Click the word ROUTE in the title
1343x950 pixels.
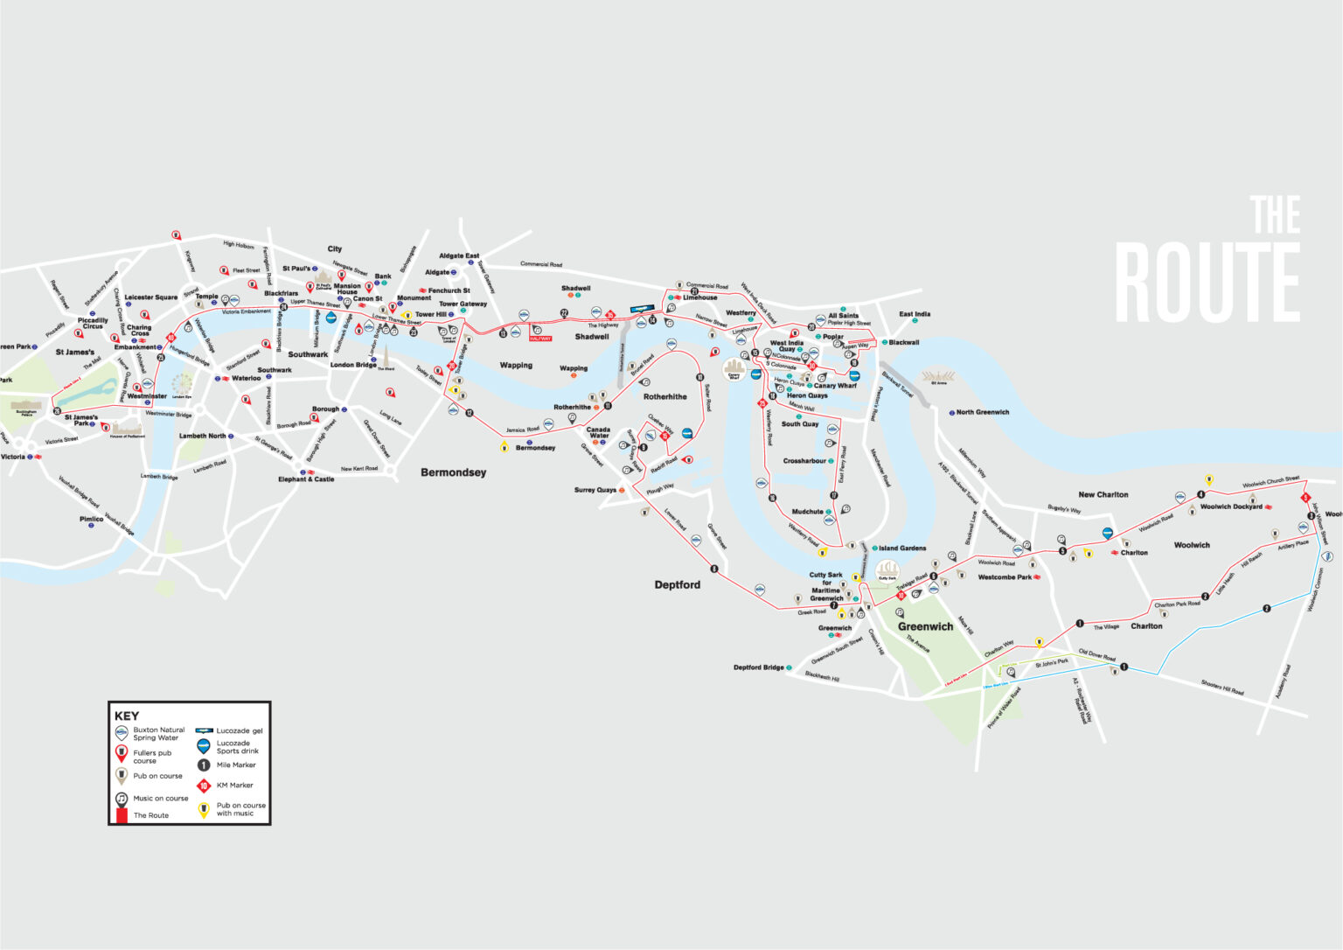(x=1207, y=282)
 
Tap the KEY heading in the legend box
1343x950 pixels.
(x=127, y=716)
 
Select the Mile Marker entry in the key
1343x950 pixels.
(x=236, y=765)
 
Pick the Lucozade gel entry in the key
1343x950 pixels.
(x=239, y=730)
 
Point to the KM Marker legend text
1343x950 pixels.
(x=234, y=786)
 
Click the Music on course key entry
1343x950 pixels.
(x=160, y=799)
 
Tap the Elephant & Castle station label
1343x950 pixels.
(x=306, y=479)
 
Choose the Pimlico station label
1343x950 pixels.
(x=92, y=519)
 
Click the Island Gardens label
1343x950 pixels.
(x=902, y=548)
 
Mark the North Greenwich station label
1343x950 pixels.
(x=982, y=412)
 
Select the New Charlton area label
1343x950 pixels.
(x=1103, y=495)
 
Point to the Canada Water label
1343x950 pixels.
(x=598, y=432)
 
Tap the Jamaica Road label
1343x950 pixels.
(x=522, y=430)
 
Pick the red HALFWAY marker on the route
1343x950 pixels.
(x=540, y=338)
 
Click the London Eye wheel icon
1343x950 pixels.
(x=182, y=383)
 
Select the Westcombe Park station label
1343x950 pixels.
(x=1005, y=577)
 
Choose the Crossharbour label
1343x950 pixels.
(x=804, y=461)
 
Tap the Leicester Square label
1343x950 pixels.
(x=150, y=297)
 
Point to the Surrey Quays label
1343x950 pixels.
(x=595, y=490)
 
